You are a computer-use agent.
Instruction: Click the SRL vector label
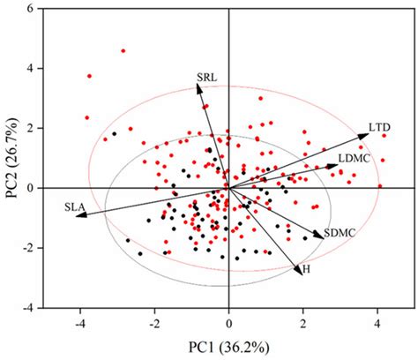206,78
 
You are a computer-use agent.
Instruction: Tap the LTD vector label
380,128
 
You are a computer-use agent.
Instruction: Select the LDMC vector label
352,158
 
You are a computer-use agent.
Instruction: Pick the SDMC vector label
338,233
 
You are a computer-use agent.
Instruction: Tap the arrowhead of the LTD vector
367,134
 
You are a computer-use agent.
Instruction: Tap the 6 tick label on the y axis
29,9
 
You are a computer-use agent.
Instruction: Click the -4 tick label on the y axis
26,308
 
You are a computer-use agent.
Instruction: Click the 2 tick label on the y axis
29,128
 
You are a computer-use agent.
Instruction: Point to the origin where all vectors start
228,188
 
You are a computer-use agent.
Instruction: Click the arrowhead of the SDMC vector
321,236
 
